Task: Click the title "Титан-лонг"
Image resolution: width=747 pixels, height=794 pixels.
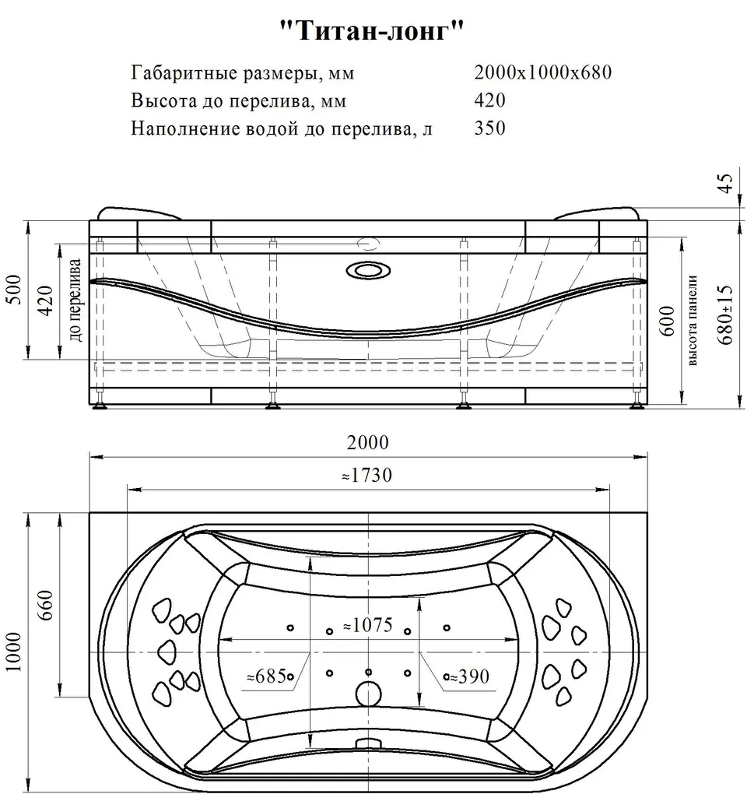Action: (x=372, y=31)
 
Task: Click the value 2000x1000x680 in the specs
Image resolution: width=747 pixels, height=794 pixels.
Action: (x=542, y=72)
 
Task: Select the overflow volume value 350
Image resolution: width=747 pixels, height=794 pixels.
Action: (x=489, y=128)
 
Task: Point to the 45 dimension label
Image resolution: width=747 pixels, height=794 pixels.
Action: (x=726, y=183)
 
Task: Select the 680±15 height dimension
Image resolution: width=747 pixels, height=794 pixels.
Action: (x=724, y=314)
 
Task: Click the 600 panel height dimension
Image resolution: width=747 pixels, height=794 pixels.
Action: (x=667, y=321)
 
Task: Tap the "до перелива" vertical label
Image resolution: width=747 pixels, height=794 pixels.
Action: (x=75, y=300)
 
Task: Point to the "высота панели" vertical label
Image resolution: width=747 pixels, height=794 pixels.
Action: (x=693, y=320)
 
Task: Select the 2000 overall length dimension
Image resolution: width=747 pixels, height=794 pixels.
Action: (x=368, y=443)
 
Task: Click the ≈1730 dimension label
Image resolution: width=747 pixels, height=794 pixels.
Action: (x=367, y=475)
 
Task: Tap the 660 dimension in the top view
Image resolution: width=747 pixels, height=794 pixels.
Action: (x=45, y=606)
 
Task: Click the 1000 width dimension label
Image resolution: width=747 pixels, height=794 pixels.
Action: (x=14, y=652)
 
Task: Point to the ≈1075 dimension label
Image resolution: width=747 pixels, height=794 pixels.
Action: (x=368, y=625)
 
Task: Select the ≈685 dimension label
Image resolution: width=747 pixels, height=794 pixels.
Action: (x=267, y=676)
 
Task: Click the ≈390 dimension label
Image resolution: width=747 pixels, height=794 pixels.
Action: (x=469, y=676)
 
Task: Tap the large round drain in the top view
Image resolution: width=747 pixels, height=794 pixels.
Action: (x=368, y=694)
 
